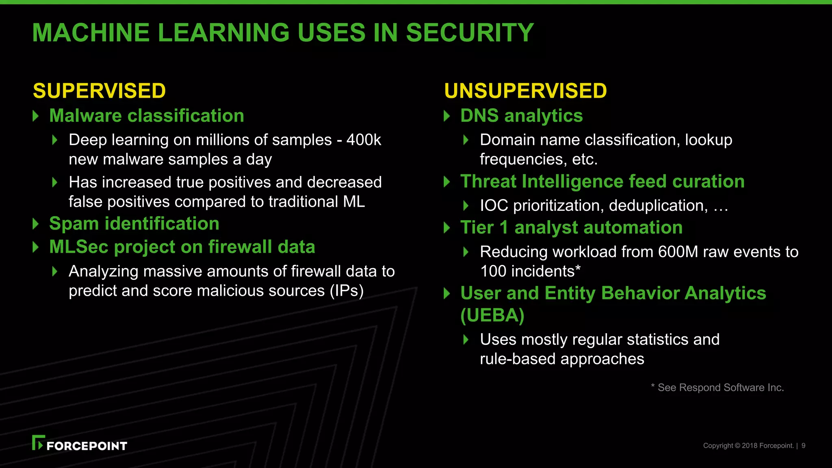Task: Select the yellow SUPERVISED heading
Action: (100, 91)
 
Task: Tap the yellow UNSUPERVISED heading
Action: (525, 91)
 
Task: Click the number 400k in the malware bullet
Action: (364, 140)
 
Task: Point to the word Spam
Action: (74, 224)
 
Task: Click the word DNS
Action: (479, 116)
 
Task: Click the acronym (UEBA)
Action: (492, 315)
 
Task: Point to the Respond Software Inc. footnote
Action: (717, 388)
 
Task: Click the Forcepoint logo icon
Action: (38, 443)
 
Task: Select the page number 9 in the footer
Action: (803, 446)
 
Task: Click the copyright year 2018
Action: (750, 446)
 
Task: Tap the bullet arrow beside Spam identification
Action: (36, 224)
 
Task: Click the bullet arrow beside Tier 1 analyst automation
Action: (447, 227)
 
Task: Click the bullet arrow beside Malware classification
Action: (36, 116)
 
